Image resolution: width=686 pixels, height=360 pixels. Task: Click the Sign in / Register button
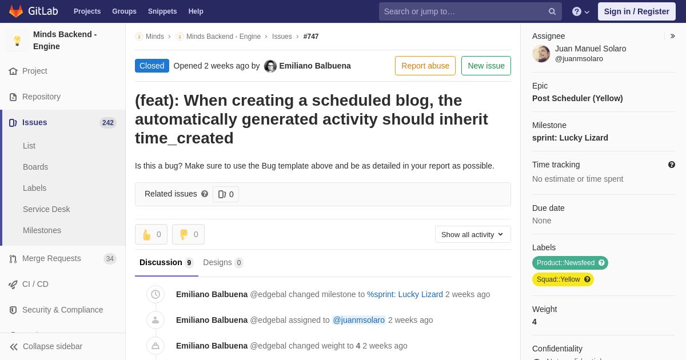[636, 11]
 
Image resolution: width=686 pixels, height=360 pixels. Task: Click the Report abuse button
[425, 66]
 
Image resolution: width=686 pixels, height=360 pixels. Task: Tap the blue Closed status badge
[152, 66]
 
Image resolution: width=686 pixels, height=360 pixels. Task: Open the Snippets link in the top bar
[162, 11]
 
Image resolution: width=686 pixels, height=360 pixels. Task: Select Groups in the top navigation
[125, 11]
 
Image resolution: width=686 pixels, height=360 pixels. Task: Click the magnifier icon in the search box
[552, 11]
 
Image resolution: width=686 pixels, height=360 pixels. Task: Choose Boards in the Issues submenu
[35, 167]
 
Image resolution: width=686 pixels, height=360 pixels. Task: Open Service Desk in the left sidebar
[46, 209]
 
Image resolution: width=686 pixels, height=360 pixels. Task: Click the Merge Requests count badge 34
[110, 259]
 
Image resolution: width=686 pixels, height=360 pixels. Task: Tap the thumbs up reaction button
[151, 234]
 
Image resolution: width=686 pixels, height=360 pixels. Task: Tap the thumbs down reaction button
[188, 234]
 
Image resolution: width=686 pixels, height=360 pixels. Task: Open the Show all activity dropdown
[473, 234]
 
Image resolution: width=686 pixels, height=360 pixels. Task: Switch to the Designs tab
[223, 263]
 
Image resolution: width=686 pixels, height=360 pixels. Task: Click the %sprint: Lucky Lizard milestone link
[405, 294]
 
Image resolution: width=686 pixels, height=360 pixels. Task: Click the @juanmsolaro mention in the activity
[358, 320]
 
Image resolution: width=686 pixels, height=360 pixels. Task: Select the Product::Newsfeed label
[570, 263]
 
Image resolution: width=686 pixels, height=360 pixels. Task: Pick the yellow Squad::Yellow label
[563, 279]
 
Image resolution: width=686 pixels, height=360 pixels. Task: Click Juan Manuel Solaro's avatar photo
[541, 54]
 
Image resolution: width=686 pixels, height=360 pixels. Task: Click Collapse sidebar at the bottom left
[46, 346]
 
